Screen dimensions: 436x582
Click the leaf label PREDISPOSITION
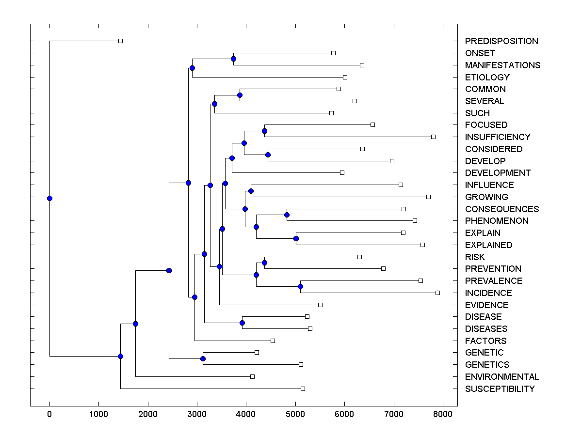coord(501,41)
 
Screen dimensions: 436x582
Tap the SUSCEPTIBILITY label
coord(500,389)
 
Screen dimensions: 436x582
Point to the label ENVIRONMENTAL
coord(502,377)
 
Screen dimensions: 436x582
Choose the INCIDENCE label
coord(488,293)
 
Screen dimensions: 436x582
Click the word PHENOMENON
coord(497,221)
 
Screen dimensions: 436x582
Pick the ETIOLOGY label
coord(487,78)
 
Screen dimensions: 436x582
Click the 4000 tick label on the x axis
coord(246,414)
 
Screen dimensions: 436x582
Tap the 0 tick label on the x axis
coord(49,414)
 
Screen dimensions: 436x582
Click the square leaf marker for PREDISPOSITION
coord(121,41)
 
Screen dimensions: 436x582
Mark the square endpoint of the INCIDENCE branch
coord(437,293)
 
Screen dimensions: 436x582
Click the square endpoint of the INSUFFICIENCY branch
coord(433,137)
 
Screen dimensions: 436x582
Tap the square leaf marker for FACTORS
coord(273,341)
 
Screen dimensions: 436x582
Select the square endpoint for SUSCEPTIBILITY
coord(303,389)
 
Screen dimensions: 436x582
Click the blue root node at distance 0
coord(49,198)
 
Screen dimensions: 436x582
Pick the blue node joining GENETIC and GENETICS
coord(203,358)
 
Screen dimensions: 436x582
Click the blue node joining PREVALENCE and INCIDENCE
coord(300,287)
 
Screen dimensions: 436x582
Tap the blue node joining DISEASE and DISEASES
coord(242,323)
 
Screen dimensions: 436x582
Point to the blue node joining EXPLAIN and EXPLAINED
coord(296,238)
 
